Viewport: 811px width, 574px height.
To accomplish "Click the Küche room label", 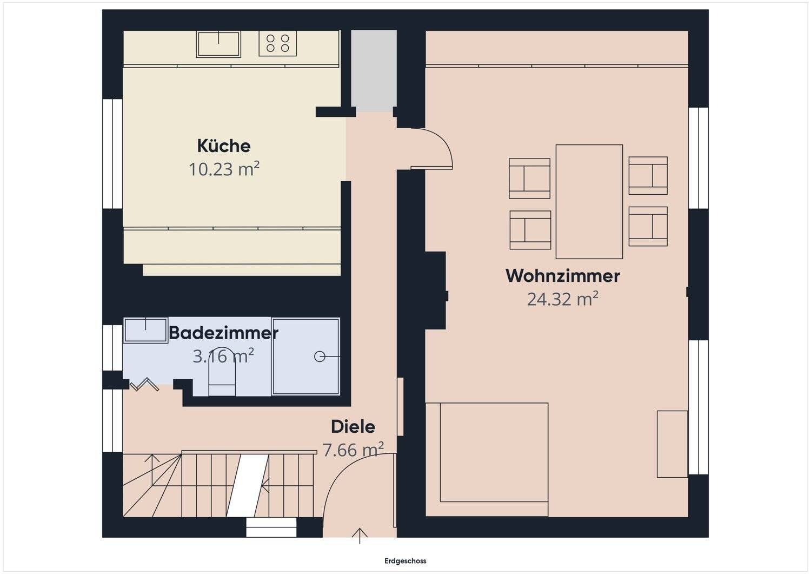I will point(224,146).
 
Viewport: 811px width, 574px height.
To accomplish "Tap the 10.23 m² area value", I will point(224,169).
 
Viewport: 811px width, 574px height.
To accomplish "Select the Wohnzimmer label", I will point(562,276).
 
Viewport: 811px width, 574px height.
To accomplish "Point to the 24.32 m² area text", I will point(562,299).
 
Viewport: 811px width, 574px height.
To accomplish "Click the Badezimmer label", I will point(223,333).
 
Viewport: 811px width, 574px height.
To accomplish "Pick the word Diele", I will point(353,427).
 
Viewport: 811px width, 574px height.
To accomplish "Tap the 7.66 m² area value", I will point(353,450).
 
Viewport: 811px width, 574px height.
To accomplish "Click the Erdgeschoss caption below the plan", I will point(405,561).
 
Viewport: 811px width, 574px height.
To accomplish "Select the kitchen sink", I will point(218,44).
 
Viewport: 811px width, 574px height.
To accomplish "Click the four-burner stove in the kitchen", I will point(278,43).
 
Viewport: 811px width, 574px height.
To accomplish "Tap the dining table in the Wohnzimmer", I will point(589,201).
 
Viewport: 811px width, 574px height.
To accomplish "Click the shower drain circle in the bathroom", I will point(320,357).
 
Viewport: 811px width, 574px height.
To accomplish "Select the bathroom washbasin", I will point(145,330).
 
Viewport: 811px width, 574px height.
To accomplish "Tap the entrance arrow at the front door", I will point(360,535).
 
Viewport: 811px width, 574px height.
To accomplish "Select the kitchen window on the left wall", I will point(112,154).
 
